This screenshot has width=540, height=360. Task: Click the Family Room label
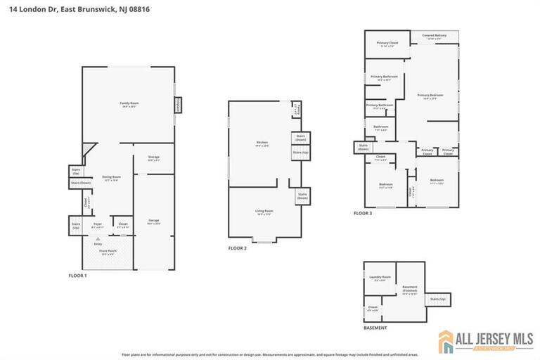point(129,104)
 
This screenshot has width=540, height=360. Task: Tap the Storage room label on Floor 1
point(154,158)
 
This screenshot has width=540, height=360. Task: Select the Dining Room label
point(112,178)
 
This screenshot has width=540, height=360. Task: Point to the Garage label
point(154,221)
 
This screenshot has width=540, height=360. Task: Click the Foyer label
point(98,225)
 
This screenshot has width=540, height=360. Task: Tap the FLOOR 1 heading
point(78,276)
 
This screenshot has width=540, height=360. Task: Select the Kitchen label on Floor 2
point(262,143)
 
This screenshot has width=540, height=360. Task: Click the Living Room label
point(264,212)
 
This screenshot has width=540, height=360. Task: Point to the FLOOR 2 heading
point(238,248)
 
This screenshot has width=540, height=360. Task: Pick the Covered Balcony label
point(434,36)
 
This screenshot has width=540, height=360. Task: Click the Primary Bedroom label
point(430,96)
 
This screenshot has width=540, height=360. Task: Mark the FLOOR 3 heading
point(363,213)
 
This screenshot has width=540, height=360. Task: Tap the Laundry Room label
point(380,278)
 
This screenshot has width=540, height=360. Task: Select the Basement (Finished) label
point(410,290)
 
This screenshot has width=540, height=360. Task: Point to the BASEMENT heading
point(375,328)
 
